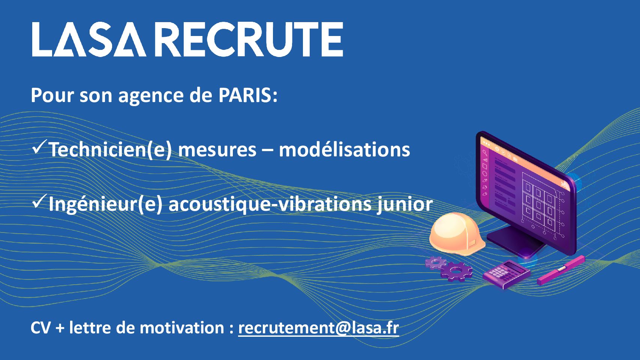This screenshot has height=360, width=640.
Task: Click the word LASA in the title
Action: click(x=89, y=39)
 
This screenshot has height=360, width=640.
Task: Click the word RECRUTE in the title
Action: click(x=250, y=39)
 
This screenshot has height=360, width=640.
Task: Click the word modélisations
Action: click(x=344, y=149)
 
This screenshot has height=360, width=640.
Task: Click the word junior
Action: click(x=405, y=204)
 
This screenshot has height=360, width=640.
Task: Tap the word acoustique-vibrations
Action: click(x=270, y=204)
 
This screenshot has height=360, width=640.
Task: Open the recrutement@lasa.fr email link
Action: click(x=319, y=328)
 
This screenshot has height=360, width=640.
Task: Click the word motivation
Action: click(x=182, y=328)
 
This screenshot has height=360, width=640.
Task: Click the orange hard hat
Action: click(x=457, y=234)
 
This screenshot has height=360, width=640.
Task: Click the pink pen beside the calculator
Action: click(x=561, y=270)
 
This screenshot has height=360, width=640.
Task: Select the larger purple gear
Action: click(x=456, y=271)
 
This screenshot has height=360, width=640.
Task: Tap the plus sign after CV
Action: click(x=60, y=328)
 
